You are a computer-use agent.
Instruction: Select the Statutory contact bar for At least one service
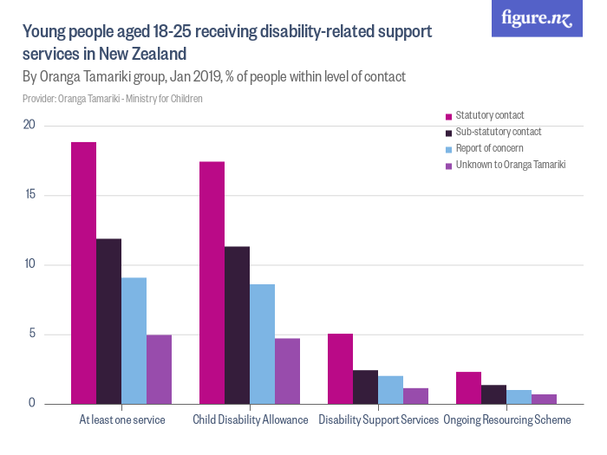point(83,273)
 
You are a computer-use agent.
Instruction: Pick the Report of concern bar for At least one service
point(134,341)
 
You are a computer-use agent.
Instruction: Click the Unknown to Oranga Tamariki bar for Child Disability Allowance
point(287,371)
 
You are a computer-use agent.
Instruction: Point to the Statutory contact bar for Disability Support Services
point(340,368)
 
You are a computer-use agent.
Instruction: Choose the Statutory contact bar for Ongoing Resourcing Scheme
point(468,387)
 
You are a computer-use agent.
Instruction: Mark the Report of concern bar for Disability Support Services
point(390,390)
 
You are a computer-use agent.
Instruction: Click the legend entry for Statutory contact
point(489,115)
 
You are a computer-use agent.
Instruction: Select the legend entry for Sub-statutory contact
point(498,132)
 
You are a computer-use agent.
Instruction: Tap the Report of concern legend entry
point(489,148)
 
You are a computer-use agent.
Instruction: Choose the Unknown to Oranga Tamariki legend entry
point(510,165)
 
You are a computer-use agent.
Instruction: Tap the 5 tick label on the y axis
point(31,335)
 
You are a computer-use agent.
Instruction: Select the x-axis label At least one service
point(121,420)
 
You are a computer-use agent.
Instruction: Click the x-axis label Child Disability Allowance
point(250,420)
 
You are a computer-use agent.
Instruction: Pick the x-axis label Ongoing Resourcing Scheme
point(506,420)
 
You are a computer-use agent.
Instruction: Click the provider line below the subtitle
point(113,99)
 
